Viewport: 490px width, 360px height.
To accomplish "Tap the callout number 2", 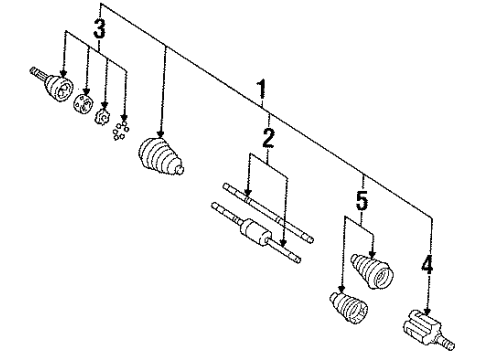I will [x=267, y=138].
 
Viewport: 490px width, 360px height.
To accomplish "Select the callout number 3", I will [x=99, y=31].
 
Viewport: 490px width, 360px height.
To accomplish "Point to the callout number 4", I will [x=427, y=266].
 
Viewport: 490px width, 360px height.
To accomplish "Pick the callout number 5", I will [x=363, y=202].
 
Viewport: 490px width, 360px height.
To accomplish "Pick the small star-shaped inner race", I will [x=102, y=117].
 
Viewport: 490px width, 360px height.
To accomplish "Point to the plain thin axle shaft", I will [x=265, y=214].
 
